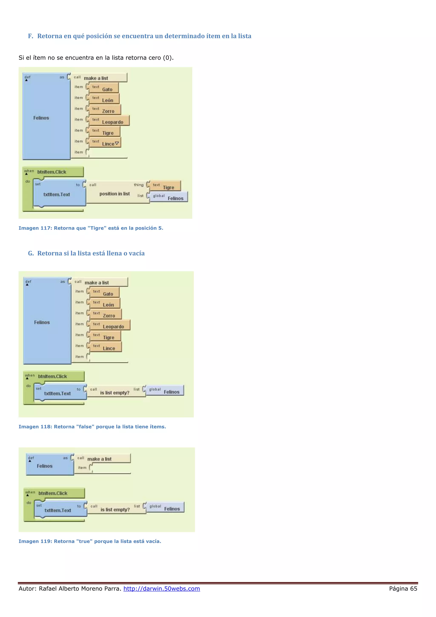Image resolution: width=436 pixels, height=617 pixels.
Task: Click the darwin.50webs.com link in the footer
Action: click(x=162, y=588)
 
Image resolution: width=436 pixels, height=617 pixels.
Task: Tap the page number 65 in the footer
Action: click(x=413, y=588)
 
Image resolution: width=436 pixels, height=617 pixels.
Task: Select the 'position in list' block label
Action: click(x=114, y=194)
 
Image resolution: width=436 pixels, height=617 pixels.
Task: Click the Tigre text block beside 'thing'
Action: click(x=165, y=186)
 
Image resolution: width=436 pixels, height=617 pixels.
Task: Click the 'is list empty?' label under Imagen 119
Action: click(x=115, y=509)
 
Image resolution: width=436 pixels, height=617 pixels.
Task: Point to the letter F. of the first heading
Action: click(x=31, y=36)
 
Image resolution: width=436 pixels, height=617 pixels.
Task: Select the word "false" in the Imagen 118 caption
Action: click(x=85, y=427)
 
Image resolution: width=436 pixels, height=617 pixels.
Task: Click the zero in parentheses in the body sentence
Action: click(x=168, y=58)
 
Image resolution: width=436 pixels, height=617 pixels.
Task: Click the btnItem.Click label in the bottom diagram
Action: click(x=53, y=493)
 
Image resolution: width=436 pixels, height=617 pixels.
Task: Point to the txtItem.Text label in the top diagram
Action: click(x=57, y=194)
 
